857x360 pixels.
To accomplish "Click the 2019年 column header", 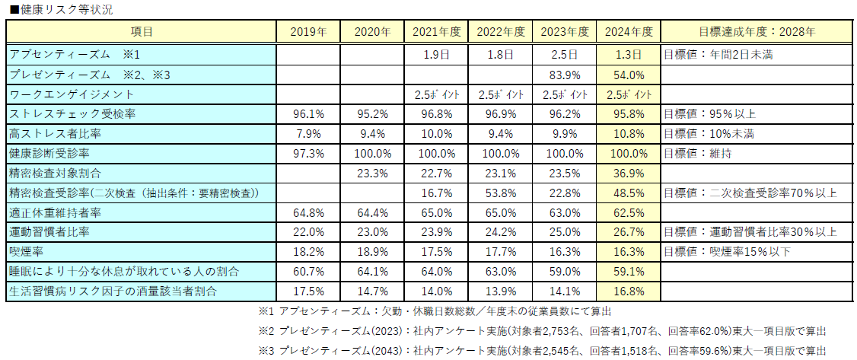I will click(309, 32).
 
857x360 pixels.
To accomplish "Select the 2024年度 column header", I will click(629, 32).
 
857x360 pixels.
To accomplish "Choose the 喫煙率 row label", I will click(26, 251).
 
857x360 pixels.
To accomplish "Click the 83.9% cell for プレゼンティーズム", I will click(565, 75).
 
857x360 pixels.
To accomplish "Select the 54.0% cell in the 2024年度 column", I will click(629, 75).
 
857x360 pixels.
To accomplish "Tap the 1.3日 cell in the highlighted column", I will click(629, 55).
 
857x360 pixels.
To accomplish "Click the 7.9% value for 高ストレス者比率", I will click(309, 133).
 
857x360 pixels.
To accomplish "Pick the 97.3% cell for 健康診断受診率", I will click(309, 153).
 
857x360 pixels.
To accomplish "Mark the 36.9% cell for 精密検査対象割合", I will click(629, 173).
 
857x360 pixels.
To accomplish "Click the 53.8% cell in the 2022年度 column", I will click(501, 193).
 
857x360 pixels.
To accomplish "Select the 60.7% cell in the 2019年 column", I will click(309, 271).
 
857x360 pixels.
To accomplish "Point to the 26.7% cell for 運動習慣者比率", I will click(629, 231).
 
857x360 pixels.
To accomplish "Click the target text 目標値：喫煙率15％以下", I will click(727, 251).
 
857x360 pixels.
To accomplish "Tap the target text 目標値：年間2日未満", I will click(719, 55).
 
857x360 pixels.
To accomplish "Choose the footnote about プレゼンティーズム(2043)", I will click(542, 350).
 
